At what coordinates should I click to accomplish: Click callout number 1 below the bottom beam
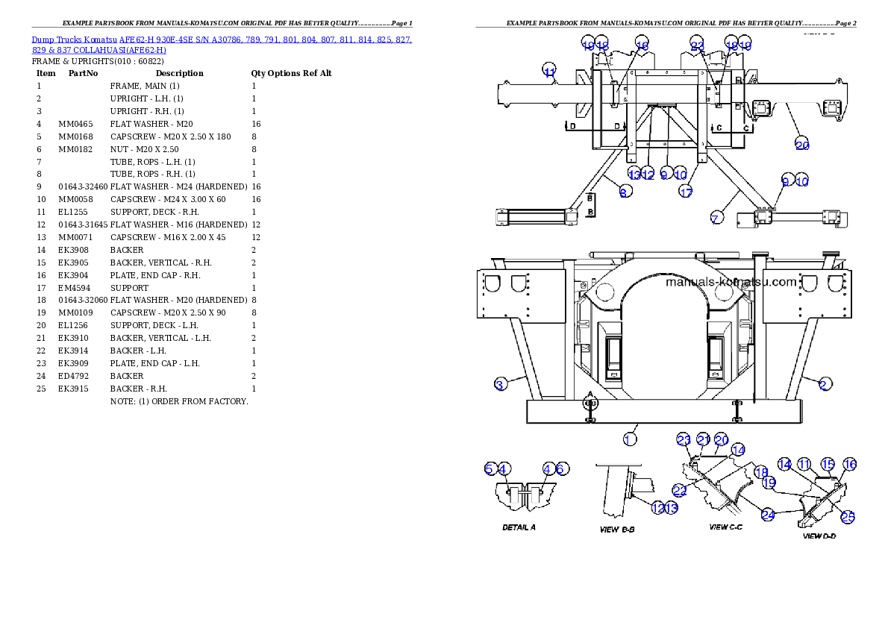[x=630, y=439]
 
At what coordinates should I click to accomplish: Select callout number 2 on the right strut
[x=824, y=384]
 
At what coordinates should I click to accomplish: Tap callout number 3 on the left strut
[x=501, y=384]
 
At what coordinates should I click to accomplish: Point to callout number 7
[x=716, y=219]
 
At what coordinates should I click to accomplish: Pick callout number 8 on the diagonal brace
[x=625, y=192]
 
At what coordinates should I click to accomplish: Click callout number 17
[x=686, y=192]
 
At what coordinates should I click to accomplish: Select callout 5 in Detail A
[x=490, y=468]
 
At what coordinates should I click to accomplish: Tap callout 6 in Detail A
[x=562, y=468]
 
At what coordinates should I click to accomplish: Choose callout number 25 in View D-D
[x=848, y=515]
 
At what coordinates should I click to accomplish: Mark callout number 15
[x=827, y=464]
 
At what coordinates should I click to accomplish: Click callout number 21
[x=703, y=439]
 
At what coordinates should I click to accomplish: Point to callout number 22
[x=679, y=490]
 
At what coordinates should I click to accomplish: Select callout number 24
[x=768, y=513]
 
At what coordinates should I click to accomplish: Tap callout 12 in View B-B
[x=657, y=507]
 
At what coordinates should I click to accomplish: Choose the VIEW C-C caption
[x=728, y=527]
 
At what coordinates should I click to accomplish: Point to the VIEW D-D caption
[x=819, y=536]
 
